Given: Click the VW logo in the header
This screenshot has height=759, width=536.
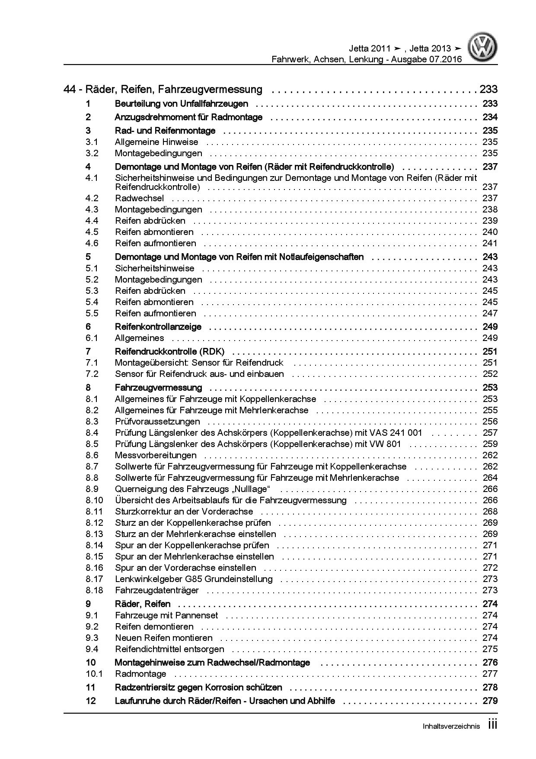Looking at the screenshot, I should click(x=484, y=48).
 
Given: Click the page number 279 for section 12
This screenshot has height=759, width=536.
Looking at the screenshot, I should click(x=490, y=701).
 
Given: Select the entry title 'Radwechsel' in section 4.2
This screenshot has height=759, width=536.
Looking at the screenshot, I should click(x=139, y=198).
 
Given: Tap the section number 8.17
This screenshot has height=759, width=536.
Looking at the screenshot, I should click(x=94, y=579).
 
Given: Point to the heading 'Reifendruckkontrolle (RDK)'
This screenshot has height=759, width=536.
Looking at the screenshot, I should click(x=169, y=351).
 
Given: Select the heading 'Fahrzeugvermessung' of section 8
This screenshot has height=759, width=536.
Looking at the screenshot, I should click(x=158, y=387).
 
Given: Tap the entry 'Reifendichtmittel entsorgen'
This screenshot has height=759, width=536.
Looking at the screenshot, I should click(x=169, y=649).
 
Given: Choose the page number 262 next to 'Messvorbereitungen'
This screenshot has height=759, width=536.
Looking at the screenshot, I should click(x=490, y=455).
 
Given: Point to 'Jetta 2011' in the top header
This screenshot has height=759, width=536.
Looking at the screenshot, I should click(x=370, y=48).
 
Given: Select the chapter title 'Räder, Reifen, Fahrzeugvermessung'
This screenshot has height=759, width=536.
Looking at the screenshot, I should click(x=174, y=90).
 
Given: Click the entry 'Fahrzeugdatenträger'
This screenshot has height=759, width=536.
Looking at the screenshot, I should click(x=156, y=590).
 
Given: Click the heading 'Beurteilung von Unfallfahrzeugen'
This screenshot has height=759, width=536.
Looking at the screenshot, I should click(x=181, y=104).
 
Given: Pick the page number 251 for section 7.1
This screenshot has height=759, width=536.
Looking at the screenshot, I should click(x=490, y=363).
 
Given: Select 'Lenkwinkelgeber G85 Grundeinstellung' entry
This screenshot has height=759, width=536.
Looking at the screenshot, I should click(x=194, y=579).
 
